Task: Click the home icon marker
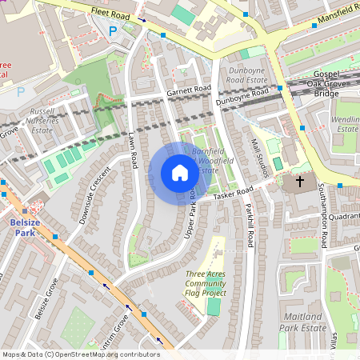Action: [179, 173]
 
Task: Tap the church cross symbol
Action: [300, 182]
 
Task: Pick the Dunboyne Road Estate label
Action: [246, 74]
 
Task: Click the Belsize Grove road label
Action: [47, 298]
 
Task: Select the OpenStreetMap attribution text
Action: [80, 354]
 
